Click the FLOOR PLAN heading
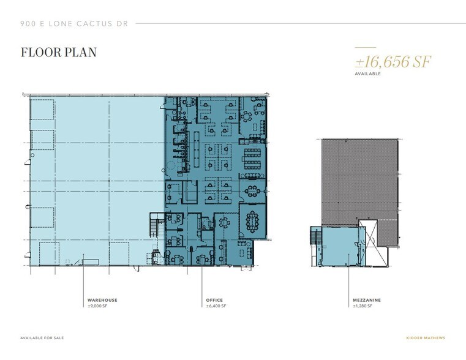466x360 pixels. point(58,52)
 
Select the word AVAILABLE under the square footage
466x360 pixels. point(367,73)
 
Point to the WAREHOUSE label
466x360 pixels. point(102,300)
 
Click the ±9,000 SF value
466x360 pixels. point(98,306)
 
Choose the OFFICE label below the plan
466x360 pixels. point(214,300)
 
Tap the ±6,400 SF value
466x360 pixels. point(216,306)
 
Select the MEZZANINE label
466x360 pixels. point(367,300)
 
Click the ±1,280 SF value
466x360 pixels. point(364,306)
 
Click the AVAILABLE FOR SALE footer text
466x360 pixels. point(42,338)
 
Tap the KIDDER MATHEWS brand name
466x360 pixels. point(427,338)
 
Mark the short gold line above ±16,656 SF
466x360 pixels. point(365,47)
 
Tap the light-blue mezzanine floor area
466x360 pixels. point(340,245)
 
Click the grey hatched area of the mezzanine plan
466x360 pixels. point(358,178)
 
